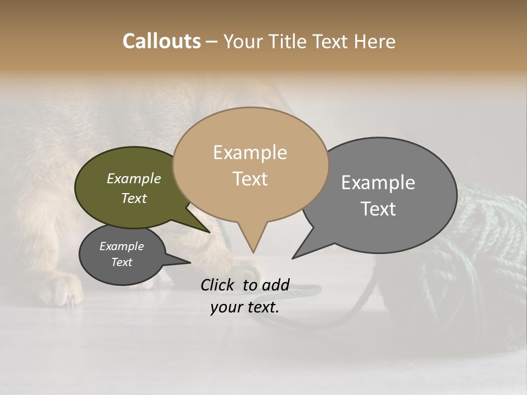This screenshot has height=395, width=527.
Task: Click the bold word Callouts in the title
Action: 161,41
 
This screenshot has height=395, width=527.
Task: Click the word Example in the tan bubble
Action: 250,153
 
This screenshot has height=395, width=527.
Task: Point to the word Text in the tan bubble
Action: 250,179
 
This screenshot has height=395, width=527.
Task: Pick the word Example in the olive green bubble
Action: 134,178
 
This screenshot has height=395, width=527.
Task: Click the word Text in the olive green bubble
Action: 134,198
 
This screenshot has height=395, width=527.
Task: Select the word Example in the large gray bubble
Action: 378,183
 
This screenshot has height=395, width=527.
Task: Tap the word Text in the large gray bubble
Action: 378,208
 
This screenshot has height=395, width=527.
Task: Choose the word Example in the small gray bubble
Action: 121,246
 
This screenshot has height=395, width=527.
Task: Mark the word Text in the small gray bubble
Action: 121,262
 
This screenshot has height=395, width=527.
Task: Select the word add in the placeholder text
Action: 276,285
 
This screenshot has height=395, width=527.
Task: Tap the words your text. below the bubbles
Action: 244,307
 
